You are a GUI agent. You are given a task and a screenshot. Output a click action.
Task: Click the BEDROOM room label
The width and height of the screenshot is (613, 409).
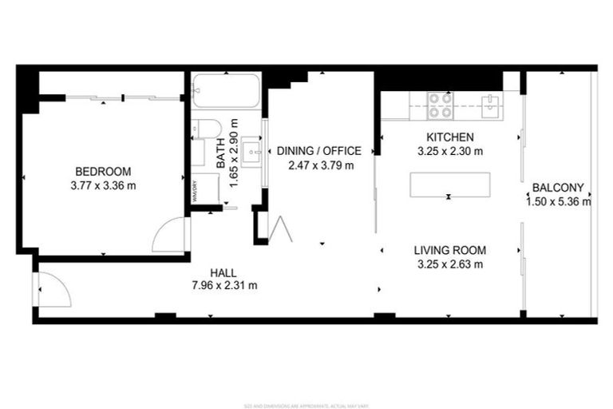coord(103,172)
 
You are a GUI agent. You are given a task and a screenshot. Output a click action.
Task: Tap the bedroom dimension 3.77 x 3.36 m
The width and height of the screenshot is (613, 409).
coord(103,186)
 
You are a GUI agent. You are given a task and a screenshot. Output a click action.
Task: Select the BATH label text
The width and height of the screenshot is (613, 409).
coord(221,153)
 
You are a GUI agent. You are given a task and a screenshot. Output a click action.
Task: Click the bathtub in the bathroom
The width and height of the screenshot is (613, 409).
coord(227,90)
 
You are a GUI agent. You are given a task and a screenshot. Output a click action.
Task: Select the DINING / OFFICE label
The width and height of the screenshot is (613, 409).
coord(319,151)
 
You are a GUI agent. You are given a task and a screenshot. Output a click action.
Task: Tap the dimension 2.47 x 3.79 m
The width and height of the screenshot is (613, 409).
coord(319,165)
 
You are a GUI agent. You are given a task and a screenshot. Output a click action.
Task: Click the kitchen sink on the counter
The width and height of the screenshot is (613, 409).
coord(489,101)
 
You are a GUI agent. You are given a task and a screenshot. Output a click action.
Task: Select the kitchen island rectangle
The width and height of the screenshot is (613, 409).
coord(449,185)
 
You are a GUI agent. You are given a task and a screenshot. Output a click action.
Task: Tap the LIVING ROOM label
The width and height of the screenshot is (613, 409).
coord(450,250)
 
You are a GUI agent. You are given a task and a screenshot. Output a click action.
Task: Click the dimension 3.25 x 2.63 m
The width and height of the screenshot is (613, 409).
coord(450,264)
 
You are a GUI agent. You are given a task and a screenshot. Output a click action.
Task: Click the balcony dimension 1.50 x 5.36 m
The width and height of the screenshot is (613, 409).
coord(558,202)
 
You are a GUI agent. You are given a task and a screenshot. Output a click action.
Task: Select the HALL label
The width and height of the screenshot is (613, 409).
coord(224,272)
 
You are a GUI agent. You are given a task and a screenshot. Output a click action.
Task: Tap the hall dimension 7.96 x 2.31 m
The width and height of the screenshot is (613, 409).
coord(224,285)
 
